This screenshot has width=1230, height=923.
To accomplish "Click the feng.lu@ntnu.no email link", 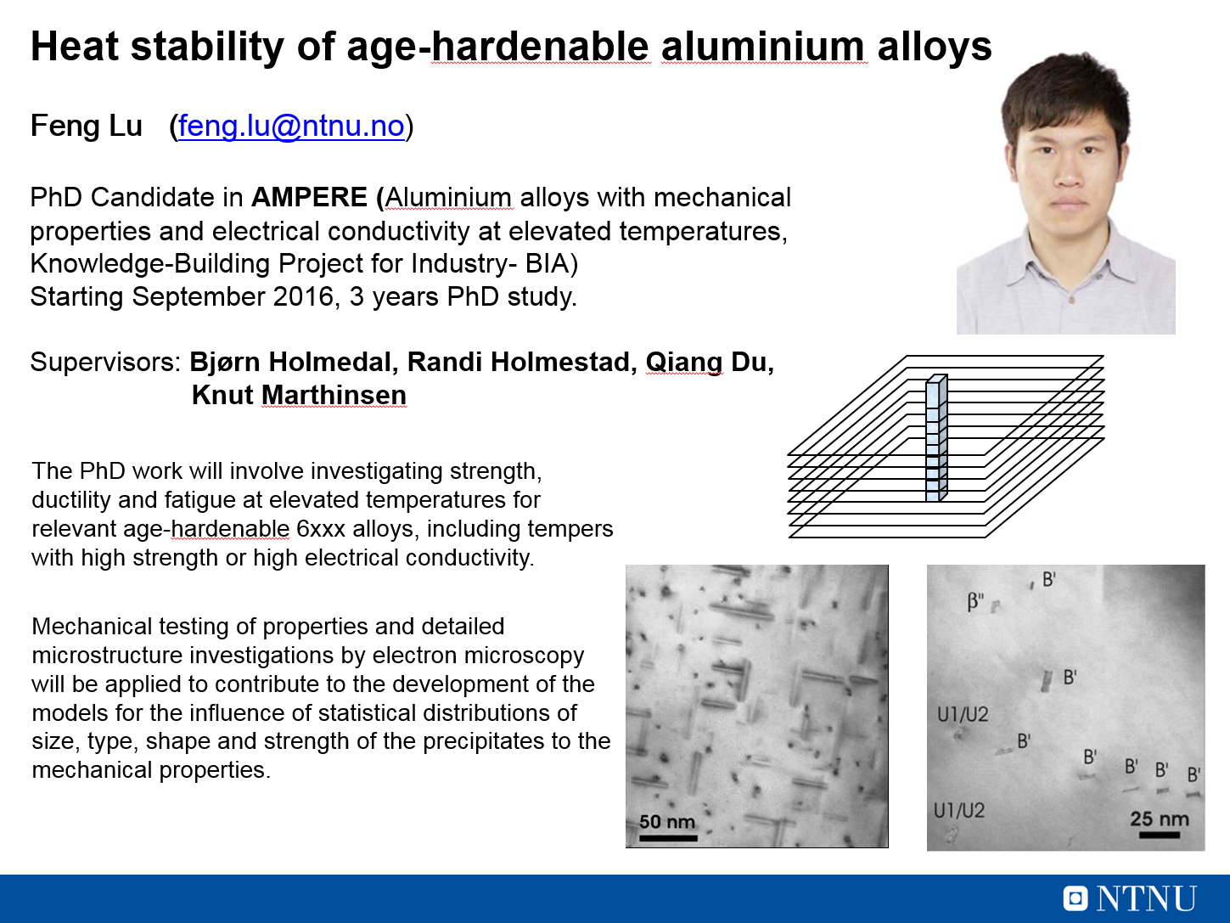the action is pyautogui.click(x=291, y=126).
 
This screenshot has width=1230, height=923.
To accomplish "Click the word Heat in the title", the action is pyautogui.click(x=75, y=46).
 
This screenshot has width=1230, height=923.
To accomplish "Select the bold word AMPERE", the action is pyautogui.click(x=309, y=197).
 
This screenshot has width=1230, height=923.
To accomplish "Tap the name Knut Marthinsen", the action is pyautogui.click(x=299, y=395).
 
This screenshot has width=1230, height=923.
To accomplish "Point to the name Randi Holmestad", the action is pyautogui.click(x=520, y=362).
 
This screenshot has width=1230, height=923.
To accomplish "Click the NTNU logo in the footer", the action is pyautogui.click(x=1130, y=898).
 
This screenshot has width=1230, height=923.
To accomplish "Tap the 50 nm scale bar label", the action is pyautogui.click(x=667, y=822).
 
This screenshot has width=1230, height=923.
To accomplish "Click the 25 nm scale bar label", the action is pyautogui.click(x=1160, y=819).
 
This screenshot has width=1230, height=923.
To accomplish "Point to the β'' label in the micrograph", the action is pyautogui.click(x=975, y=601).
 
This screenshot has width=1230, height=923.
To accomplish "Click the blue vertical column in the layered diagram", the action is pyautogui.click(x=936, y=437).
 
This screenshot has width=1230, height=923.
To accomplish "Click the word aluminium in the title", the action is pyautogui.click(x=763, y=46).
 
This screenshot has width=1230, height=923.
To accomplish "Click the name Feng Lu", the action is pyautogui.click(x=87, y=126).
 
